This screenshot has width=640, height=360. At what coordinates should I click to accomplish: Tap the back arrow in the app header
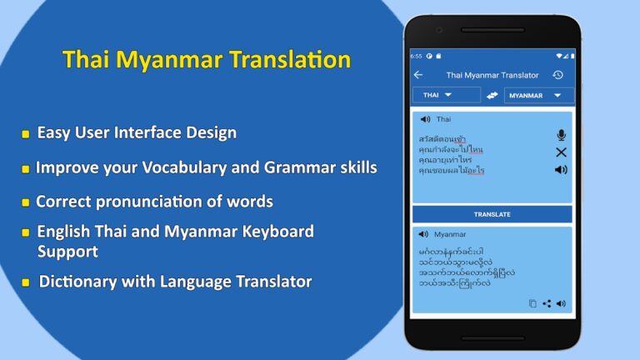coord(418,75)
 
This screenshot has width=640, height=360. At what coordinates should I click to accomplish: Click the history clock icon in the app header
coord(557,75)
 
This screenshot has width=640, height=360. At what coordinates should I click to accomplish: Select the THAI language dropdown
coord(446,95)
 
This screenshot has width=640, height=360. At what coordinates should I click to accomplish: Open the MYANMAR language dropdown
coord(538,96)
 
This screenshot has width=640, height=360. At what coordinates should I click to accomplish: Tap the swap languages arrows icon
coord(492,96)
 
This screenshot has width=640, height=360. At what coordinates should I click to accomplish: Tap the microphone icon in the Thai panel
coord(561,135)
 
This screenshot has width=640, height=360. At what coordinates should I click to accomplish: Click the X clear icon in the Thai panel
coord(561,152)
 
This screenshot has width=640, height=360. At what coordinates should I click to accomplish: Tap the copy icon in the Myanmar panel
coord(532,303)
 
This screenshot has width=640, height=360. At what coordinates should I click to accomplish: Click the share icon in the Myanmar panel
coord(547,303)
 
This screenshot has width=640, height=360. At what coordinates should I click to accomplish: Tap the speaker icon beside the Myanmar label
coord(423,234)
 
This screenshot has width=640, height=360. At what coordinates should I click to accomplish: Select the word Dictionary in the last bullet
coord(77,282)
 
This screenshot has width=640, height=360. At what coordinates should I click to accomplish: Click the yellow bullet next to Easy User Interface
coord(26,133)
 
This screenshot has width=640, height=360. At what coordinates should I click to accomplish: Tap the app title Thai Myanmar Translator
coord(492,75)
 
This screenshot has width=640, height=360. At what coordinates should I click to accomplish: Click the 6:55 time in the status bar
coord(416,56)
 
